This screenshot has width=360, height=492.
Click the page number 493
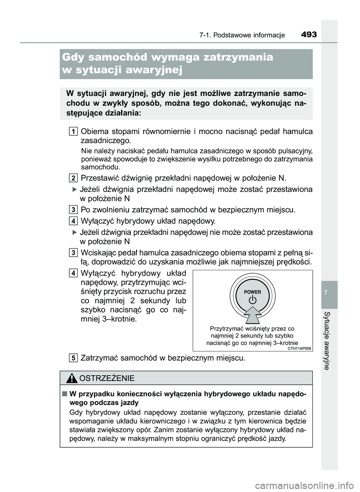coord(309,34)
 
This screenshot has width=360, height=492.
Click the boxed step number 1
coord(74,131)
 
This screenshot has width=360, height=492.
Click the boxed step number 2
coord(74,177)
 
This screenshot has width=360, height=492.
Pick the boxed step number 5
coord(74,358)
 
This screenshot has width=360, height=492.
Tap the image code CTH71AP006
coord(300,348)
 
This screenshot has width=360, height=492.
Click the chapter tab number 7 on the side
coord(329,292)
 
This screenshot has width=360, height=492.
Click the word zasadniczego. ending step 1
coord(106,141)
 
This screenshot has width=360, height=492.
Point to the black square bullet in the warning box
coord(65,394)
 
